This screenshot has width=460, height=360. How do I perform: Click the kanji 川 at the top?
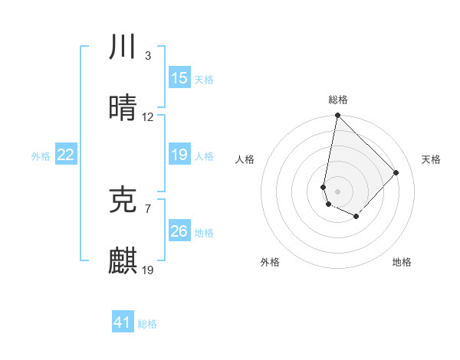pos(123,47)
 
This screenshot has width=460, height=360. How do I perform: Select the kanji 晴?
pos(123,108)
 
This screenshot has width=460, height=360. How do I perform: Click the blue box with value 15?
pos(179,78)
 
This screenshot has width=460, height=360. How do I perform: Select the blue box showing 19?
pos(179,155)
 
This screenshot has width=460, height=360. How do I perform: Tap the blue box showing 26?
pos(179,231)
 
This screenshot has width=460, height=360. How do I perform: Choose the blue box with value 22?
pos(66,155)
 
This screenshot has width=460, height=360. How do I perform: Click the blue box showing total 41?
pos(123,322)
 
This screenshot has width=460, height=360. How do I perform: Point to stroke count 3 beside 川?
pos(147,56)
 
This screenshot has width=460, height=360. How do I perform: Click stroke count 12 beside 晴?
pos(148,117)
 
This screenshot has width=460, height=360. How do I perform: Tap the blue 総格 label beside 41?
pos(147,324)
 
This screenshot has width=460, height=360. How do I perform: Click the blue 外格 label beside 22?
pos(41,155)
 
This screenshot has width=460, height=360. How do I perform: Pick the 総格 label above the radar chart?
pos(338,100)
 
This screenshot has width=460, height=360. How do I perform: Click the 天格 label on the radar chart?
pos(431,159)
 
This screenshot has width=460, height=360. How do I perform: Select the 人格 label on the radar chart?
pos(245,159)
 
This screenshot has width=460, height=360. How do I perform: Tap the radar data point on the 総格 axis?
pos(337,116)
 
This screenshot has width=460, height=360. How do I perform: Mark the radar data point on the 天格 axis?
pos(396,172)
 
